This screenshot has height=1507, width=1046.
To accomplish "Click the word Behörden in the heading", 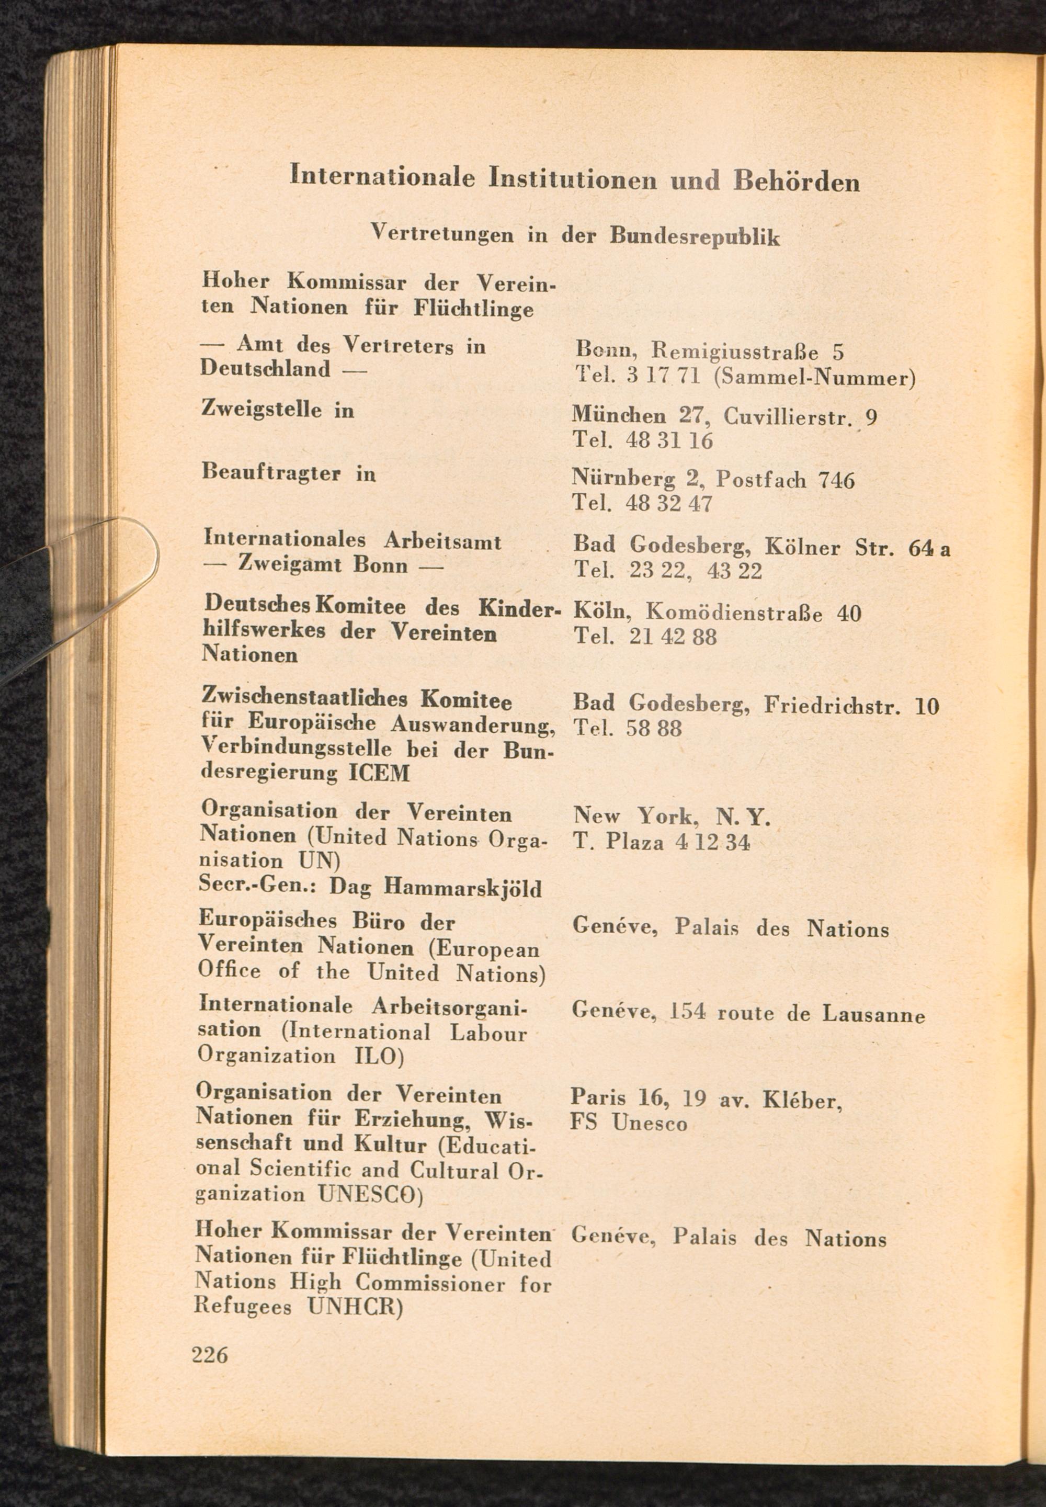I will pos(797,180).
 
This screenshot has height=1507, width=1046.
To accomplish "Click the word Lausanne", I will pos(873,1015).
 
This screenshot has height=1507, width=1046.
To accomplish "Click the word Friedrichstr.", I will pos(832,705).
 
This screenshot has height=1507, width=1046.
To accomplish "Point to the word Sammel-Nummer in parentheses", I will pos(813,378).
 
